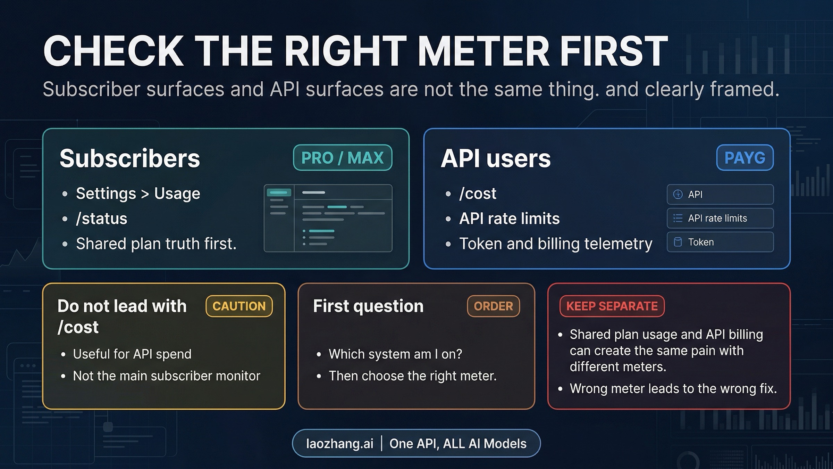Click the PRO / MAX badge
pyautogui.click(x=343, y=158)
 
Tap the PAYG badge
pyautogui.click(x=745, y=158)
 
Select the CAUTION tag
pyautogui.click(x=239, y=306)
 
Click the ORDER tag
pyautogui.click(x=493, y=306)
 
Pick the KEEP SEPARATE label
pyautogui.click(x=612, y=306)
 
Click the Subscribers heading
pyautogui.click(x=130, y=158)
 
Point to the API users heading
pyautogui.click(x=496, y=158)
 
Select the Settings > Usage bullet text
pyautogui.click(x=138, y=194)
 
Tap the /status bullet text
pyautogui.click(x=102, y=219)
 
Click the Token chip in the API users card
pyautogui.click(x=720, y=242)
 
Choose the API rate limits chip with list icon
pyautogui.click(x=720, y=218)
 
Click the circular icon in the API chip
pyautogui.click(x=678, y=194)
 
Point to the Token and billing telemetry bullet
pyautogui.click(x=556, y=244)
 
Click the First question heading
pyautogui.click(x=368, y=306)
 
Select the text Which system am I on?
pyautogui.click(x=395, y=354)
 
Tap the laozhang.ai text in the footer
pyautogui.click(x=340, y=444)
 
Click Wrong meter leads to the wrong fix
pyautogui.click(x=673, y=388)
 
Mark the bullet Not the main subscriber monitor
pyautogui.click(x=167, y=376)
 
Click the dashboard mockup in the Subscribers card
pyautogui.click(x=328, y=218)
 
